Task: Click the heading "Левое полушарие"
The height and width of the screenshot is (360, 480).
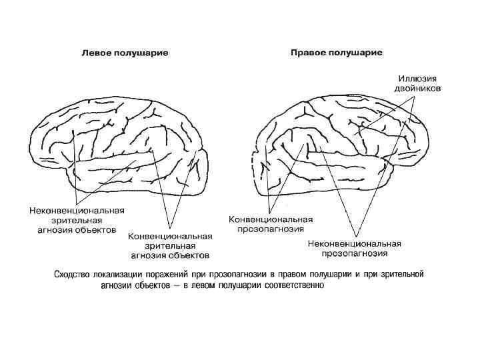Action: click(x=125, y=52)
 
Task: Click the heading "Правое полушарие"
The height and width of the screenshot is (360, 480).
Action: click(x=336, y=52)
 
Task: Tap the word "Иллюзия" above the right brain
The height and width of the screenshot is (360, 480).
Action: click(x=413, y=78)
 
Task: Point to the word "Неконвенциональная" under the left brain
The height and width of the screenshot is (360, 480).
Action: click(x=77, y=211)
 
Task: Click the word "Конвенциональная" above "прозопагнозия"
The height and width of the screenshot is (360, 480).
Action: click(x=271, y=219)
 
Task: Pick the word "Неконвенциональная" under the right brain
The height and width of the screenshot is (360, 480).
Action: click(x=354, y=243)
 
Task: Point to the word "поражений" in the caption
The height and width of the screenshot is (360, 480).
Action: click(x=173, y=275)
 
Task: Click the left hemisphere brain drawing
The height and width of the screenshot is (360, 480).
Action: click(x=120, y=147)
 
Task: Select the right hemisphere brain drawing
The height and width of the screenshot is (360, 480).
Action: click(x=340, y=150)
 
